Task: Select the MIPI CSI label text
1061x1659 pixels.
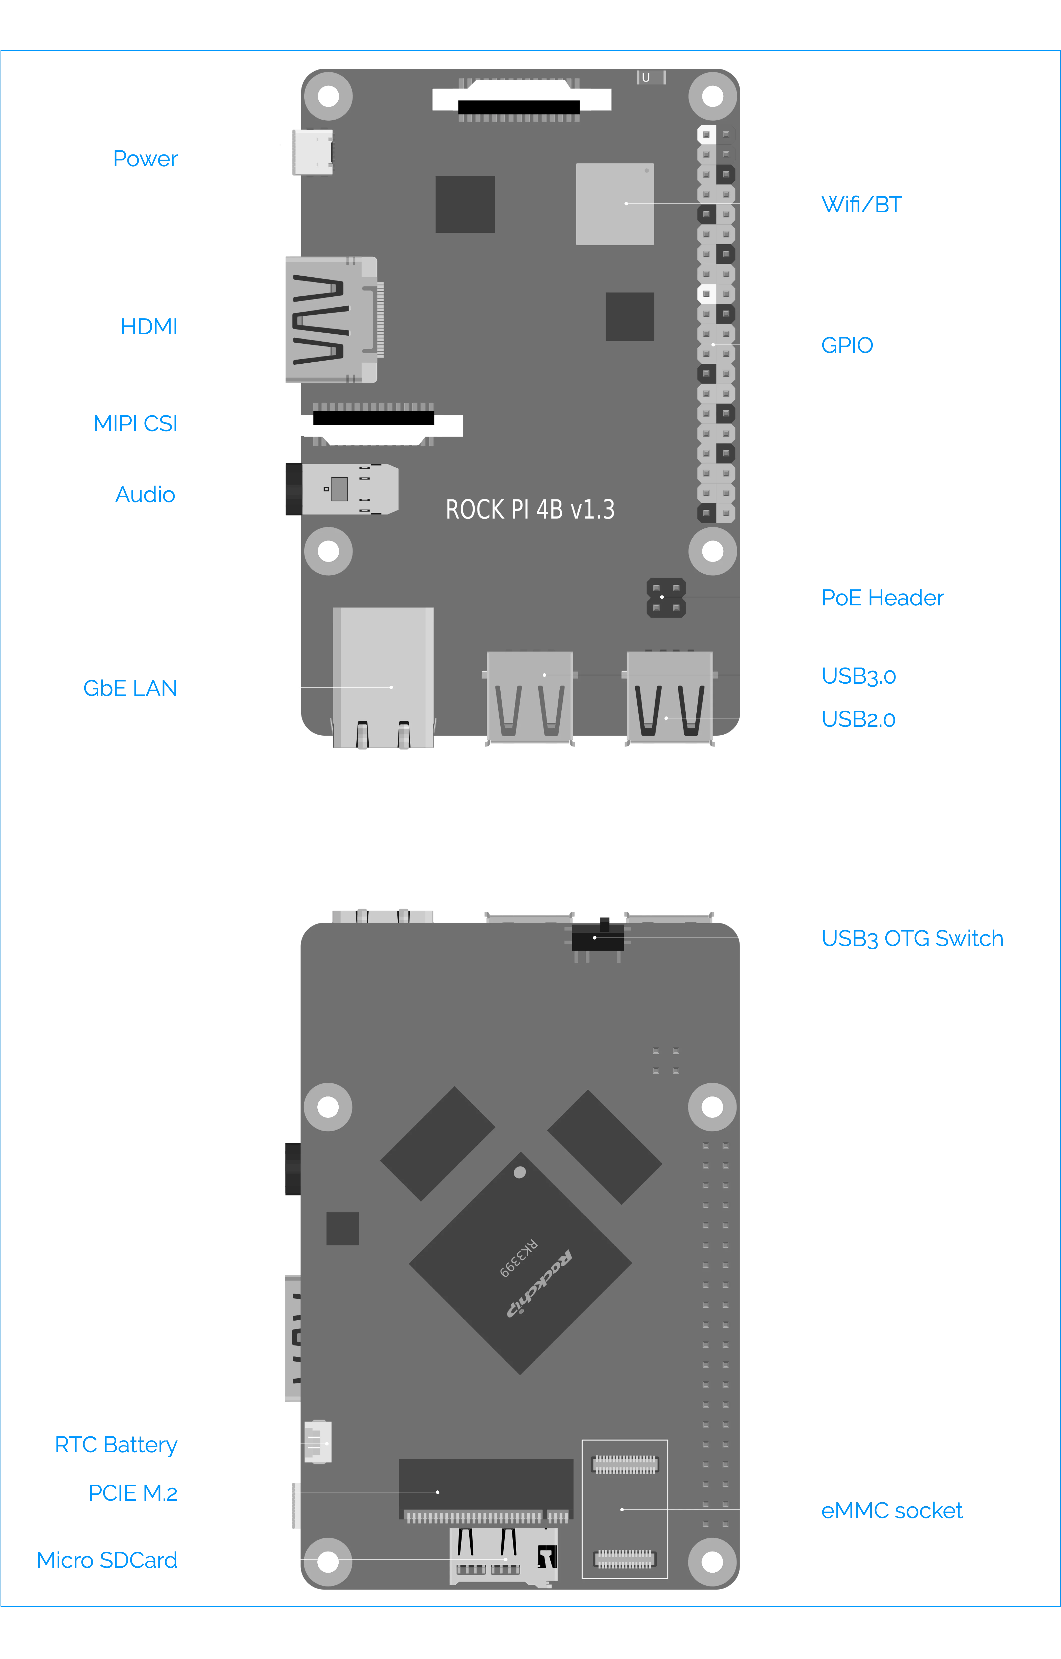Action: [136, 423]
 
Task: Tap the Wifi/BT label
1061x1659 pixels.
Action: [861, 205]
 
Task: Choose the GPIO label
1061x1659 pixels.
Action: [847, 344]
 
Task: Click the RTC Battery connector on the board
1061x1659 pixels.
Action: [318, 1442]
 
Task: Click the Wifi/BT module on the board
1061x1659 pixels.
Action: [615, 204]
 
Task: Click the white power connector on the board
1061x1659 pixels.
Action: [311, 152]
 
